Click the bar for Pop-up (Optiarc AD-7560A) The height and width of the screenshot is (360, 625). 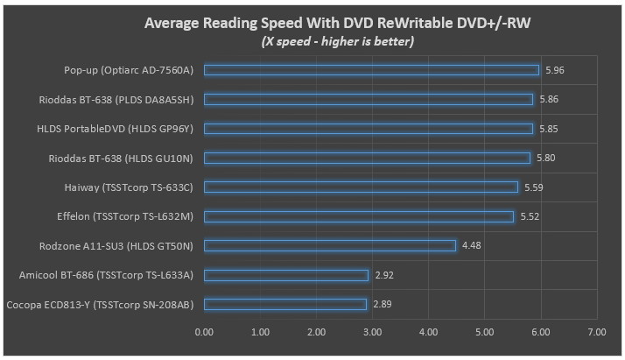tap(371, 70)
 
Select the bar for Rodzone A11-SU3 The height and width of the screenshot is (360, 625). tap(330, 245)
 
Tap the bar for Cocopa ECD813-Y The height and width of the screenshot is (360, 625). tap(285, 304)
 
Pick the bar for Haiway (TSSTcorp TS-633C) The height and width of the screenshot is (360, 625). tap(361, 187)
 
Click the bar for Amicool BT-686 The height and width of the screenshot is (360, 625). tap(286, 275)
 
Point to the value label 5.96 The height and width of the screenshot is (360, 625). tap(554, 70)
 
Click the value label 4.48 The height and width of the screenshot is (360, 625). tap(471, 245)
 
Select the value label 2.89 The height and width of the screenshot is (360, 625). tap(383, 304)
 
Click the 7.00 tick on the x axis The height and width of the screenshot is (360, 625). tap(597, 332)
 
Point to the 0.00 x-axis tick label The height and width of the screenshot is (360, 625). tap(204, 332)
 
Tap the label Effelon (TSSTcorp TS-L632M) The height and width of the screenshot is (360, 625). tap(124, 216)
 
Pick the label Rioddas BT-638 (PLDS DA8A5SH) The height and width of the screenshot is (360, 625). tap(116, 99)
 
